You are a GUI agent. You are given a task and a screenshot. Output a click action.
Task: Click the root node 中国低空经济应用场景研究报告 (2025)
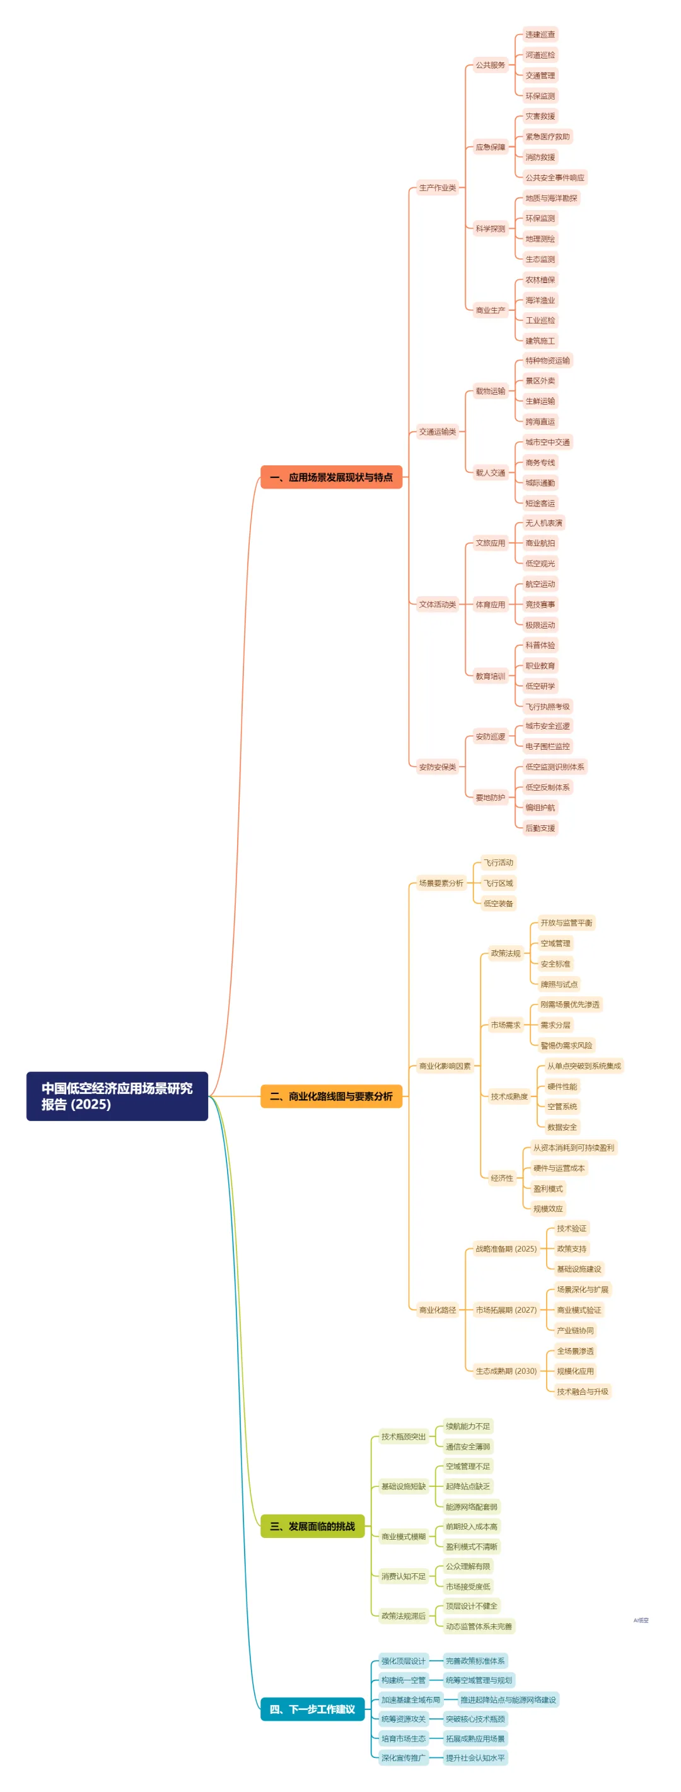(x=117, y=1096)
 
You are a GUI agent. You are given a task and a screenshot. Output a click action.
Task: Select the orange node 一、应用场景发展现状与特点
(x=331, y=477)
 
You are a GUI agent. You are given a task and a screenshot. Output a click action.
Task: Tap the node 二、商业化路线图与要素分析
(x=331, y=1097)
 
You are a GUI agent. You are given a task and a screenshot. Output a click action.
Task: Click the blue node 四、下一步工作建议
(x=312, y=1709)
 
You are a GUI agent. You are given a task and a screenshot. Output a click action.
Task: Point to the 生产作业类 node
(x=438, y=188)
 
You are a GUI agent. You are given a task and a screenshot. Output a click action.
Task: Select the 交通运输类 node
(x=438, y=432)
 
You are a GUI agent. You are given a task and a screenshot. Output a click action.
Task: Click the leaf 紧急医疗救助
(x=547, y=137)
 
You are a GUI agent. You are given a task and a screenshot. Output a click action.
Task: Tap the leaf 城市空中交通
(x=547, y=443)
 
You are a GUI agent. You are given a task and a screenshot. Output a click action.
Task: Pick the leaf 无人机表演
(x=544, y=523)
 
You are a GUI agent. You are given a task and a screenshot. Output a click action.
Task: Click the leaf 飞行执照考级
(x=547, y=707)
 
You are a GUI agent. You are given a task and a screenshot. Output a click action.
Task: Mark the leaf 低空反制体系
(x=547, y=788)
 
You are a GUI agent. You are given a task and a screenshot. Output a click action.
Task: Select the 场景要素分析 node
(x=441, y=883)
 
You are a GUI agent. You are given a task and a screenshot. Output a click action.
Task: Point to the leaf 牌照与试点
(x=559, y=984)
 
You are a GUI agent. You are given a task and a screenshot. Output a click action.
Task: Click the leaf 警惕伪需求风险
(x=566, y=1045)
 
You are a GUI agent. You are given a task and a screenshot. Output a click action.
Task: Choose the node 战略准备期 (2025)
(x=506, y=1248)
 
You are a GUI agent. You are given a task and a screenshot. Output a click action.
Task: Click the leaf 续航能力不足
(x=468, y=1426)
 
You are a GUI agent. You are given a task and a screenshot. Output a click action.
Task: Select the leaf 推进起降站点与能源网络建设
(x=508, y=1699)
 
